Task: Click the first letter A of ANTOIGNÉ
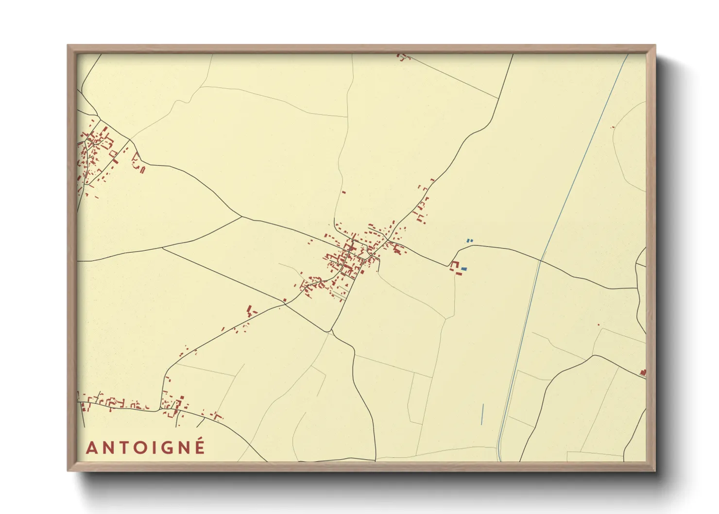pyautogui.click(x=91, y=448)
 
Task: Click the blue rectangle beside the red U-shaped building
pyautogui.click(x=464, y=269)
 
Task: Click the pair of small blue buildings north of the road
pyautogui.click(x=469, y=240)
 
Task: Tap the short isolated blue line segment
pyautogui.click(x=482, y=414)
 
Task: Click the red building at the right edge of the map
pyautogui.click(x=643, y=373)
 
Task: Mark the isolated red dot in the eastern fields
pyautogui.click(x=598, y=325)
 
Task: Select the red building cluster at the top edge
pyautogui.click(x=402, y=57)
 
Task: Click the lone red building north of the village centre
pyautogui.click(x=344, y=192)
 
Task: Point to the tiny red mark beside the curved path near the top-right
pyautogui.click(x=613, y=127)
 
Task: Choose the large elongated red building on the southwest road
pyautogui.click(x=250, y=310)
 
